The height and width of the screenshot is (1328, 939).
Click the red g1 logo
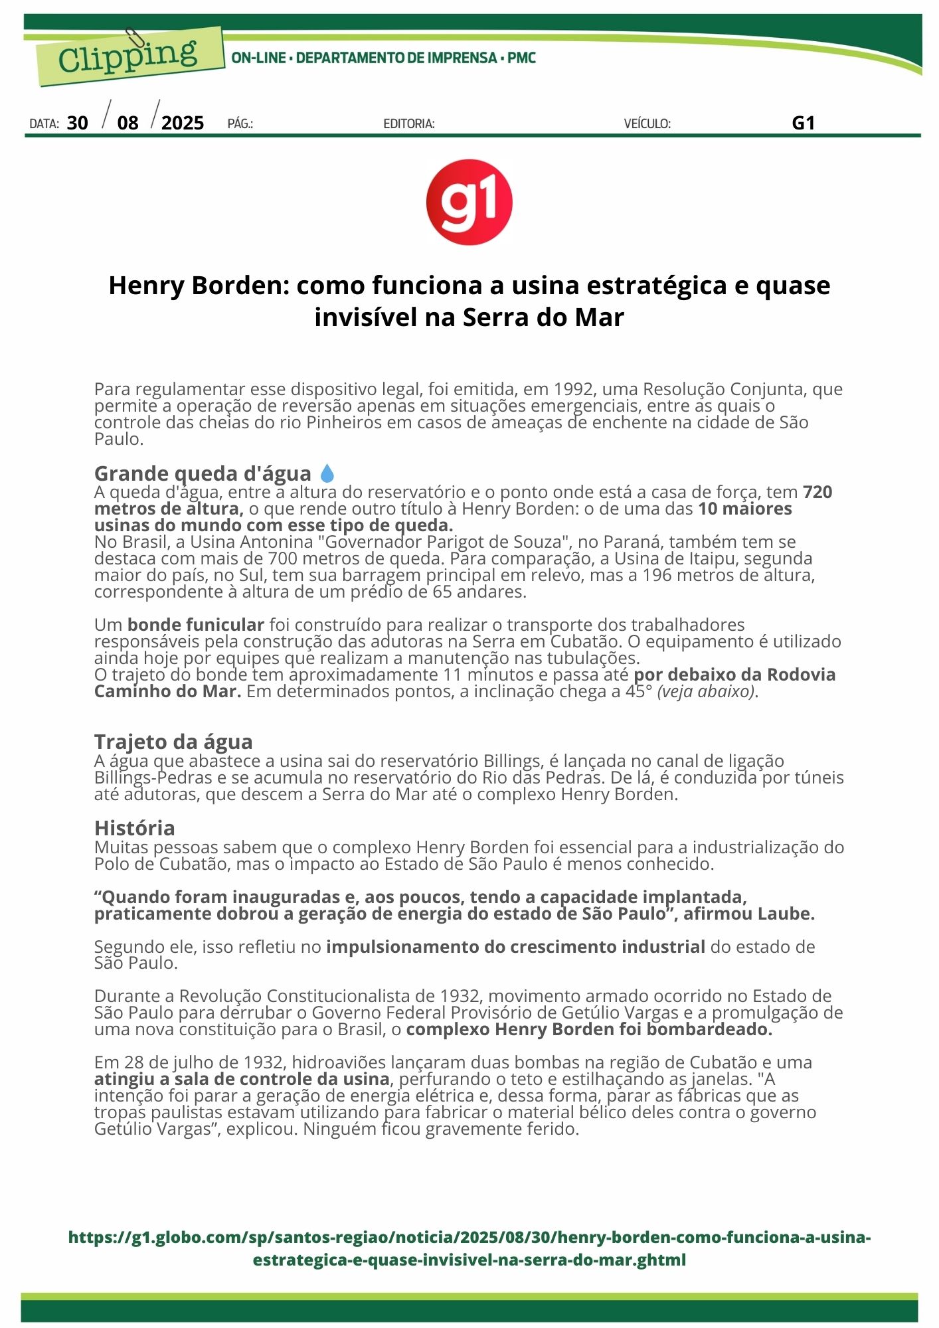click(x=469, y=202)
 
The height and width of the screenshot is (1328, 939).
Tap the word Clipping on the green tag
click(x=128, y=56)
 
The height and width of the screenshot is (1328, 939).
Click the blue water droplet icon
click(x=327, y=473)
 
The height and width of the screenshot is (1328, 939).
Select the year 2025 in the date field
click(x=183, y=123)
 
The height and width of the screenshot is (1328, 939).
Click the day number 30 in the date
click(x=78, y=123)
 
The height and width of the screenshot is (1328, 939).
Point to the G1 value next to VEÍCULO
click(x=803, y=123)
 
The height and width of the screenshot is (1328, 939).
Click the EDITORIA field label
click(x=409, y=124)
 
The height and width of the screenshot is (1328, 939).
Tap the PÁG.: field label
click(x=240, y=124)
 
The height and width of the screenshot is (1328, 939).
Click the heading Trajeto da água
click(x=173, y=742)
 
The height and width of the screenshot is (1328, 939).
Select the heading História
click(x=135, y=828)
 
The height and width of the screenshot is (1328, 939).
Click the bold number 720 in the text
click(x=817, y=492)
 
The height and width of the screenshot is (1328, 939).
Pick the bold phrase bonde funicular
click(x=196, y=625)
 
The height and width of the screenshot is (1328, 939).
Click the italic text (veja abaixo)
click(x=707, y=691)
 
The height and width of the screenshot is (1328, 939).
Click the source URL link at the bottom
click(x=469, y=1248)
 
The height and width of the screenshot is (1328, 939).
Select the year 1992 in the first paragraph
click(x=574, y=389)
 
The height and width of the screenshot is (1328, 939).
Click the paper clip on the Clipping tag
click(x=135, y=39)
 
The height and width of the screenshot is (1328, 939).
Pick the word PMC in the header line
click(x=522, y=58)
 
